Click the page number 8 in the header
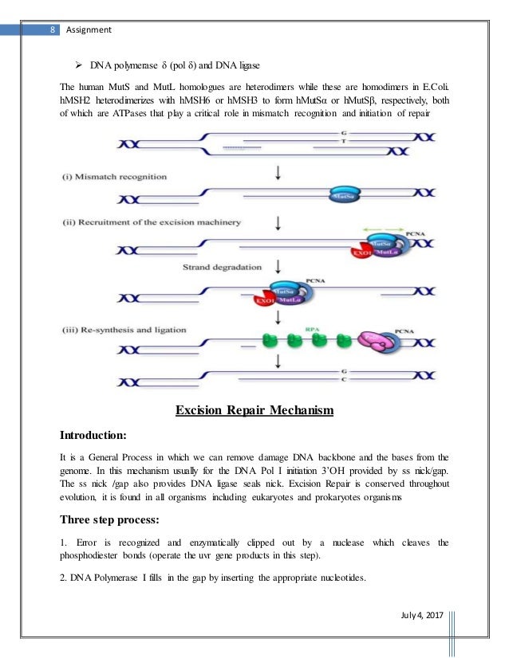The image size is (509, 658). tap(52, 30)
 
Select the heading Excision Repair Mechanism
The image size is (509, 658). tap(254, 410)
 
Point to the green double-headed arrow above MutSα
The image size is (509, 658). tap(385, 231)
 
